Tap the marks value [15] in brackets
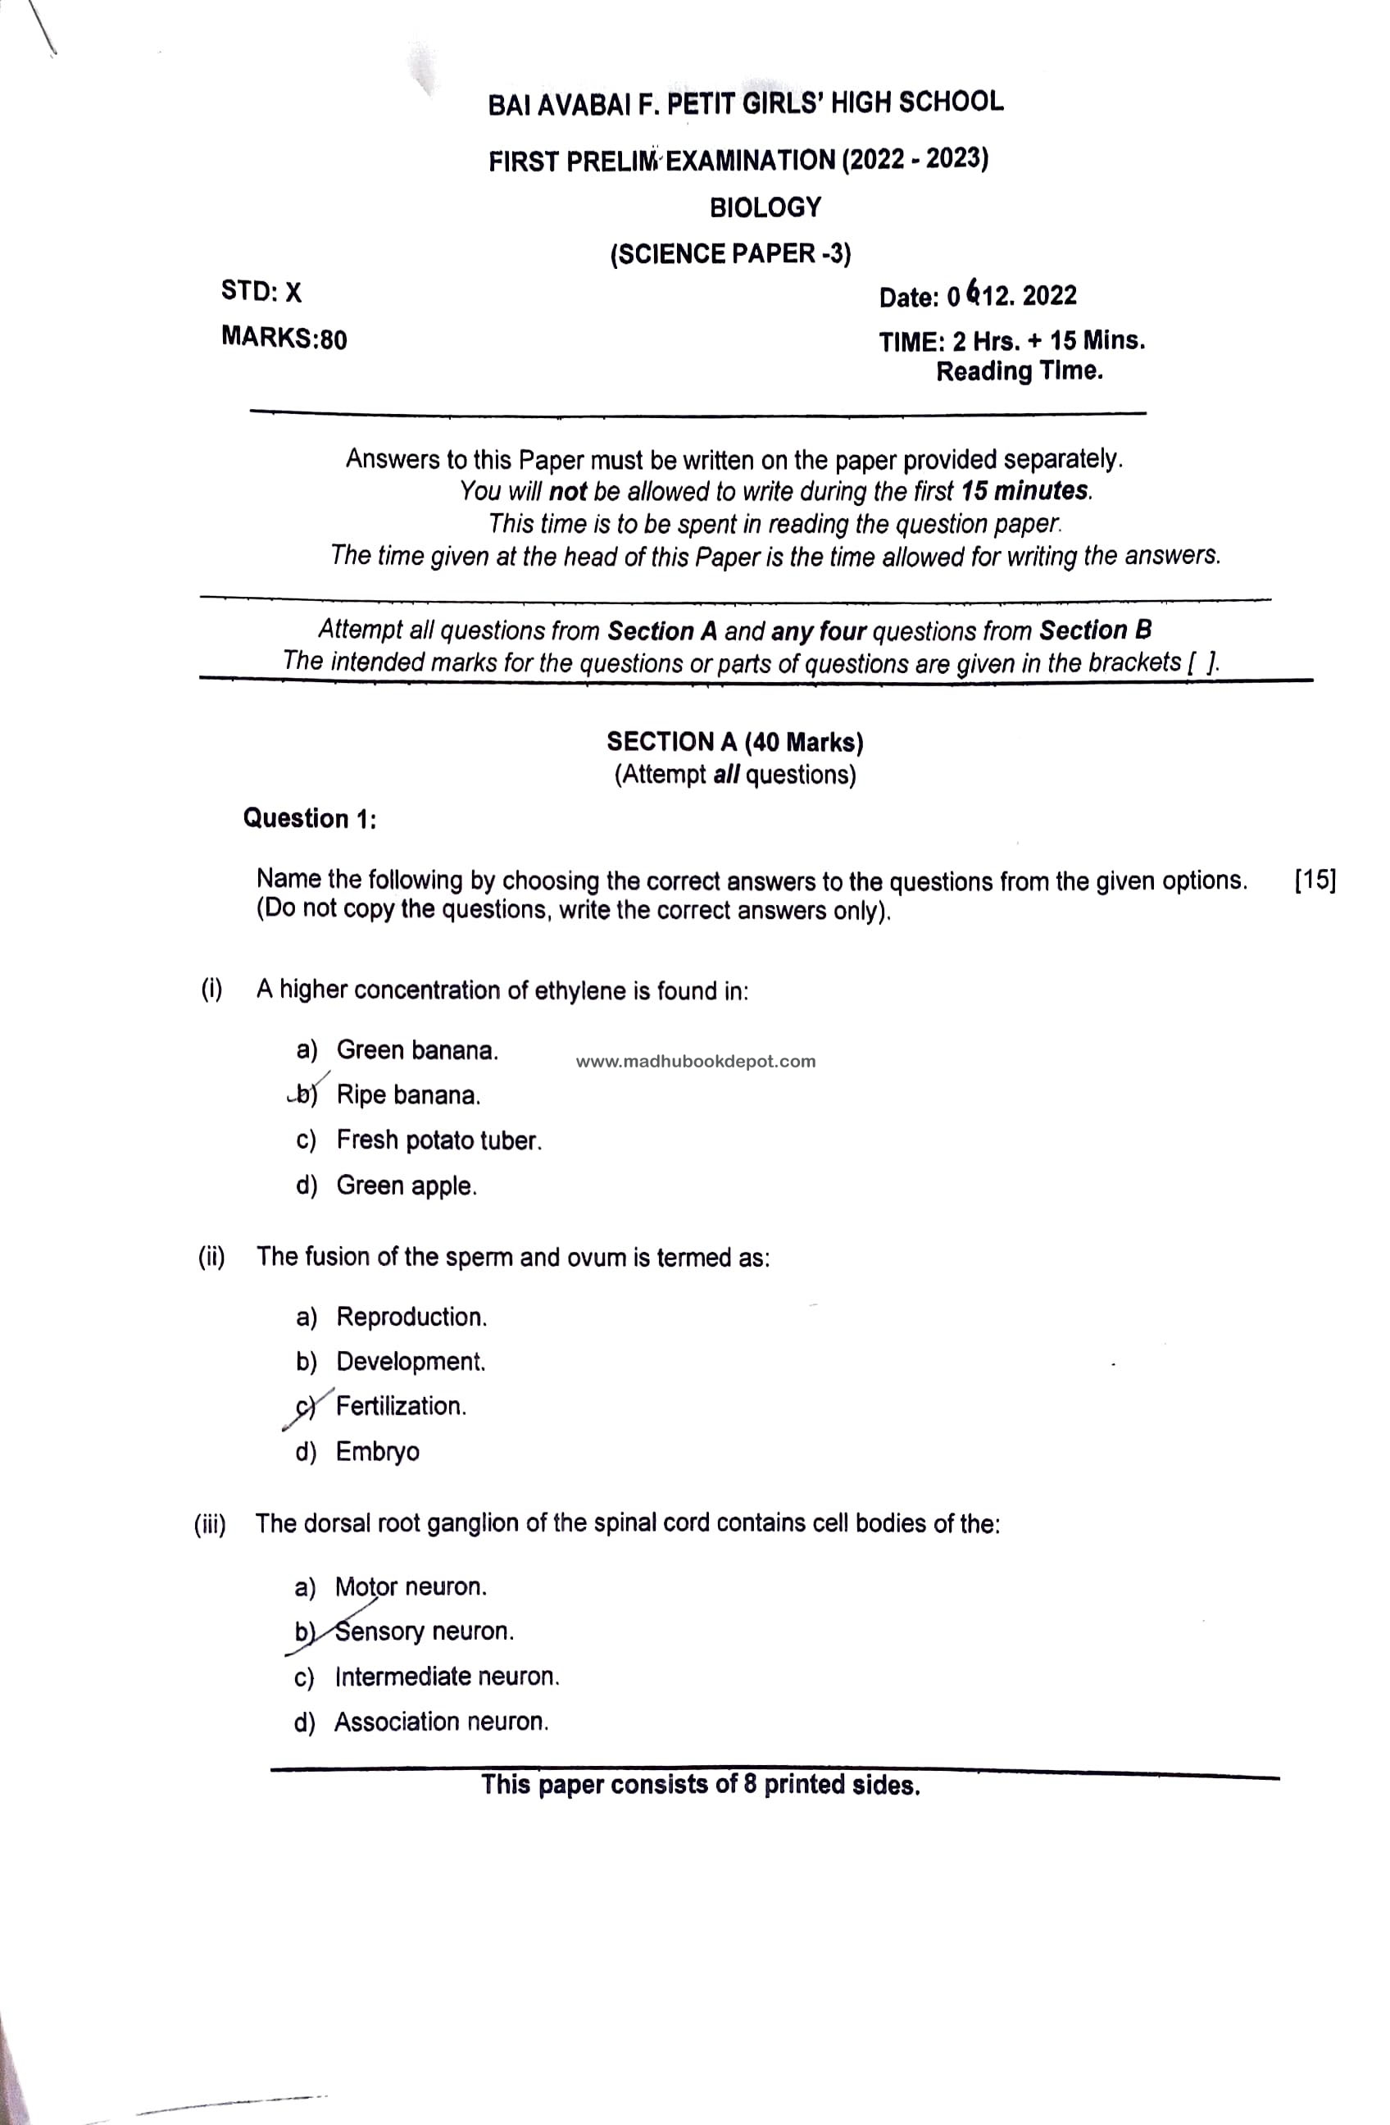pos(1314,880)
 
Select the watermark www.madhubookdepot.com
pos(696,1062)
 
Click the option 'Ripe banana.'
pos(408,1094)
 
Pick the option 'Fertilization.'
pos(401,1405)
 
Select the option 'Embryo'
pos(377,1451)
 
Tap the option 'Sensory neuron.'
pos(424,1631)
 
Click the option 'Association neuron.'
pos(441,1722)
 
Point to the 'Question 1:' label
pos(309,818)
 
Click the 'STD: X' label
pos(261,292)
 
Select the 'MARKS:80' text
pos(284,339)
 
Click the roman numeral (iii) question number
pos(210,1524)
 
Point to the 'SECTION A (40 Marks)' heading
pos(734,742)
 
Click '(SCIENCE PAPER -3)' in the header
pos(730,254)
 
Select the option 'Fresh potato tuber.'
pos(438,1140)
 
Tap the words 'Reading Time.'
pos(1019,371)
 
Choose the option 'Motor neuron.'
pos(411,1586)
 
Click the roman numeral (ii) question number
pos(211,1257)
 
